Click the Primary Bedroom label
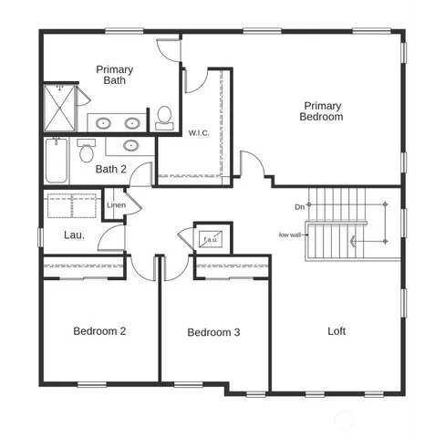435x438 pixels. [x=323, y=111]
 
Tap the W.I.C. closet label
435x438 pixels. [x=199, y=132]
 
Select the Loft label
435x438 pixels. [x=337, y=331]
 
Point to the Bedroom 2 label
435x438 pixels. [x=99, y=330]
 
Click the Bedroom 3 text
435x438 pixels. [x=213, y=332]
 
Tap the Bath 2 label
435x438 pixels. [x=111, y=169]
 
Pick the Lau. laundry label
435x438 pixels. [x=74, y=235]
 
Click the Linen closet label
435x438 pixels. [x=116, y=205]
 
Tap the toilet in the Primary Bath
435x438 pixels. [x=164, y=116]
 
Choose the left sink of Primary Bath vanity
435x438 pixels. [x=103, y=122]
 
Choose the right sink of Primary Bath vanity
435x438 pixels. [x=132, y=122]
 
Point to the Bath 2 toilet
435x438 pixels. [x=86, y=150]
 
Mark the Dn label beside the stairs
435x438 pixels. [x=299, y=207]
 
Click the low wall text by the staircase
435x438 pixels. [x=290, y=235]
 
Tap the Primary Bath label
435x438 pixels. [x=115, y=75]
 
